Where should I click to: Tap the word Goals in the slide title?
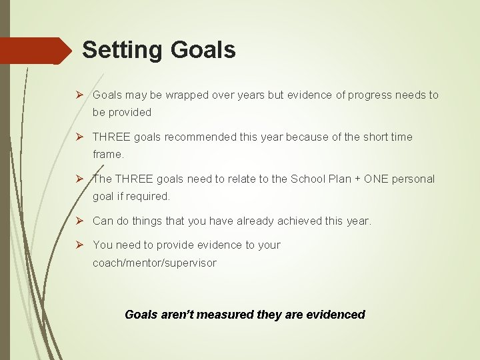click(x=203, y=50)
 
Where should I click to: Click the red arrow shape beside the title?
click(x=36, y=51)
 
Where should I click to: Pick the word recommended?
click(x=200, y=137)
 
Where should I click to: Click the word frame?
click(x=107, y=154)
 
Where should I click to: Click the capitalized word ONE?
click(x=376, y=179)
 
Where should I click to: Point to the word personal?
click(x=413, y=179)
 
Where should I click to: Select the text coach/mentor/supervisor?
click(x=154, y=263)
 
